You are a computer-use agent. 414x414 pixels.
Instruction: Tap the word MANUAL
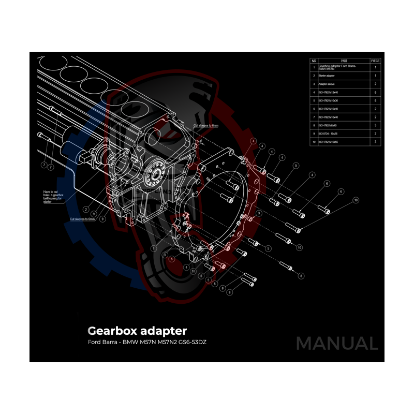point(336,343)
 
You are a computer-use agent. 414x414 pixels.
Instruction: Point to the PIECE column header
point(375,61)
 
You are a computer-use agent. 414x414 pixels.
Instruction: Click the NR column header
point(314,61)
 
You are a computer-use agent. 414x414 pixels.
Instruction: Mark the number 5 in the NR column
point(314,100)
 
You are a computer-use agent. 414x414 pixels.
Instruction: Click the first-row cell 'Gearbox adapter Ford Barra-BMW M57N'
point(336,67)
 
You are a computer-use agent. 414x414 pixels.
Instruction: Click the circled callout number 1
point(154,248)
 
